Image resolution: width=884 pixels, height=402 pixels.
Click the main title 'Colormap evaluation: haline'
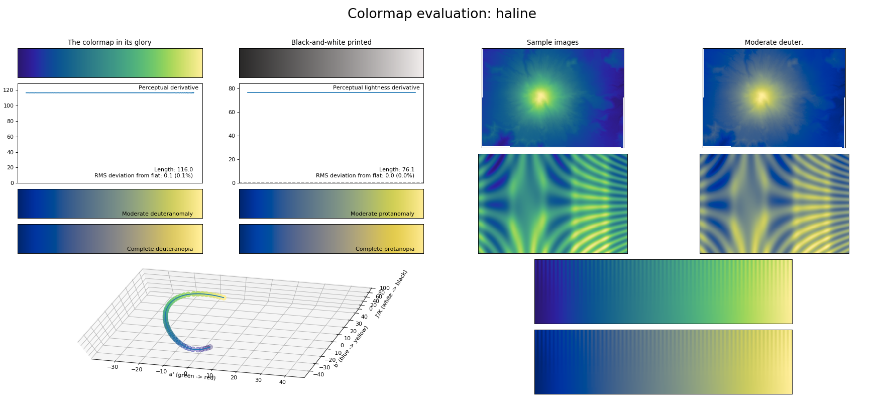[441, 14]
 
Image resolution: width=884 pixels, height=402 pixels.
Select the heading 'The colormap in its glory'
[109, 43]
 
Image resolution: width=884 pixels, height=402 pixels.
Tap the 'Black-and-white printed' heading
[331, 43]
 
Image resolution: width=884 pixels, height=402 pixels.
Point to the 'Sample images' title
[552, 43]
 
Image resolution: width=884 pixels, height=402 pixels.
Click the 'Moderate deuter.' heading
[774, 43]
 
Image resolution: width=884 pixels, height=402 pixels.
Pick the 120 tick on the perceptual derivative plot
[9, 90]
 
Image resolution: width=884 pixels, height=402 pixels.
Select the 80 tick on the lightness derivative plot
[232, 88]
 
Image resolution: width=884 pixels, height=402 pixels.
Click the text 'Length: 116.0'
[173, 170]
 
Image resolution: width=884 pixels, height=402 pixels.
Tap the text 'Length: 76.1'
[396, 170]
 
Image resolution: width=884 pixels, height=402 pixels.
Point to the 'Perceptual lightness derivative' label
[376, 88]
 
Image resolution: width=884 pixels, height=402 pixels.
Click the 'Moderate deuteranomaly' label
[157, 214]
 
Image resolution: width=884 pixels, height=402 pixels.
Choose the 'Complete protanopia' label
[385, 249]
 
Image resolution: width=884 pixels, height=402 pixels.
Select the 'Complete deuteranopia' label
[160, 249]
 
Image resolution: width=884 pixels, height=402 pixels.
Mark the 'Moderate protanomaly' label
[382, 214]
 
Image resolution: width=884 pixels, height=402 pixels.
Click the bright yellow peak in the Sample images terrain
[541, 96]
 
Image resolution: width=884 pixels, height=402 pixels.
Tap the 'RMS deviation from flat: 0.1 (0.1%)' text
[144, 176]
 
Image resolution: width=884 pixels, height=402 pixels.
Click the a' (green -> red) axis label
[192, 376]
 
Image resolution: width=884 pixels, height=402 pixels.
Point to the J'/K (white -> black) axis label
[392, 294]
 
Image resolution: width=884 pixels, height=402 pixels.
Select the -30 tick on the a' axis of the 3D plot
[113, 367]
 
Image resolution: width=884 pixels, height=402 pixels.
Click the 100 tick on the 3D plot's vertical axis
[384, 288]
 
